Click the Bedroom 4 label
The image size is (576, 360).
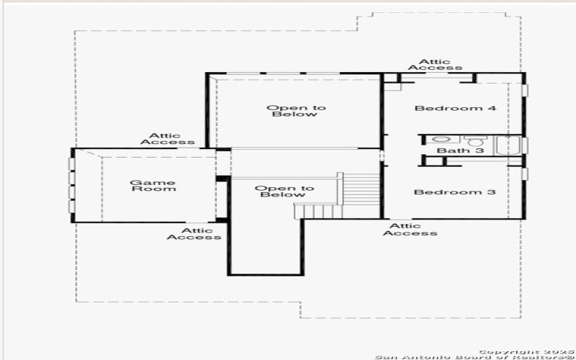pos(456,109)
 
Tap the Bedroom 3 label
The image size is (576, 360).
pos(455,192)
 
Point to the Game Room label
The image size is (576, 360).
pos(153,185)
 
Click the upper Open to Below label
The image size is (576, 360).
pos(295,111)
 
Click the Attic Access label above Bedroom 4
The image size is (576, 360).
pos(435,65)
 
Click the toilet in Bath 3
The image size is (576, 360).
pos(474,140)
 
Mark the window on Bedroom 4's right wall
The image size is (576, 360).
pos(525,90)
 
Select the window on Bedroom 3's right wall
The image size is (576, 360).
pos(525,174)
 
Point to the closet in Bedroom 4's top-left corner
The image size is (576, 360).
pos(392,81)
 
